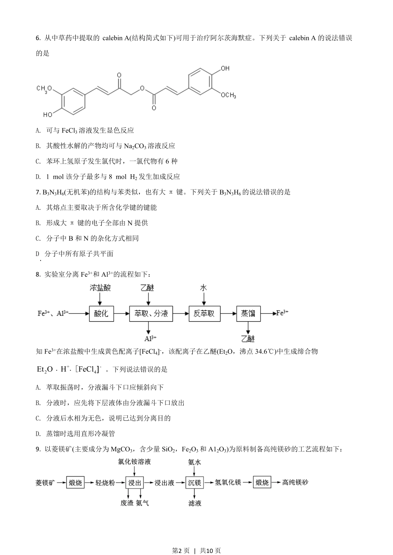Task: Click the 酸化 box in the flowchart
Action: (101, 313)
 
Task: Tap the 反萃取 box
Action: (204, 313)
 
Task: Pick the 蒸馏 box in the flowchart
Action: (248, 313)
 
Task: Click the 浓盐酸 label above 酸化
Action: (101, 288)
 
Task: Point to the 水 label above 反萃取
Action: (204, 288)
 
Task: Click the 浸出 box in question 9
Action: (135, 482)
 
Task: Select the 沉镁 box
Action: (194, 482)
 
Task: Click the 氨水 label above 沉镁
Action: (194, 462)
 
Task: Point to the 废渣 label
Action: (127, 503)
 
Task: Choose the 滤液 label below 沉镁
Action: (194, 503)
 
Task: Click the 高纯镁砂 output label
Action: (295, 482)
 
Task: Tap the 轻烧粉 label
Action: (105, 482)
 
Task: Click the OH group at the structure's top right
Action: (225, 69)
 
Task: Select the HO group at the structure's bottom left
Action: (48, 114)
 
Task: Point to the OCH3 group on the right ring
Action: (228, 95)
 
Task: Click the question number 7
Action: (38, 192)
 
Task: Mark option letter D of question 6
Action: (38, 177)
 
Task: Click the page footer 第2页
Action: (180, 550)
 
